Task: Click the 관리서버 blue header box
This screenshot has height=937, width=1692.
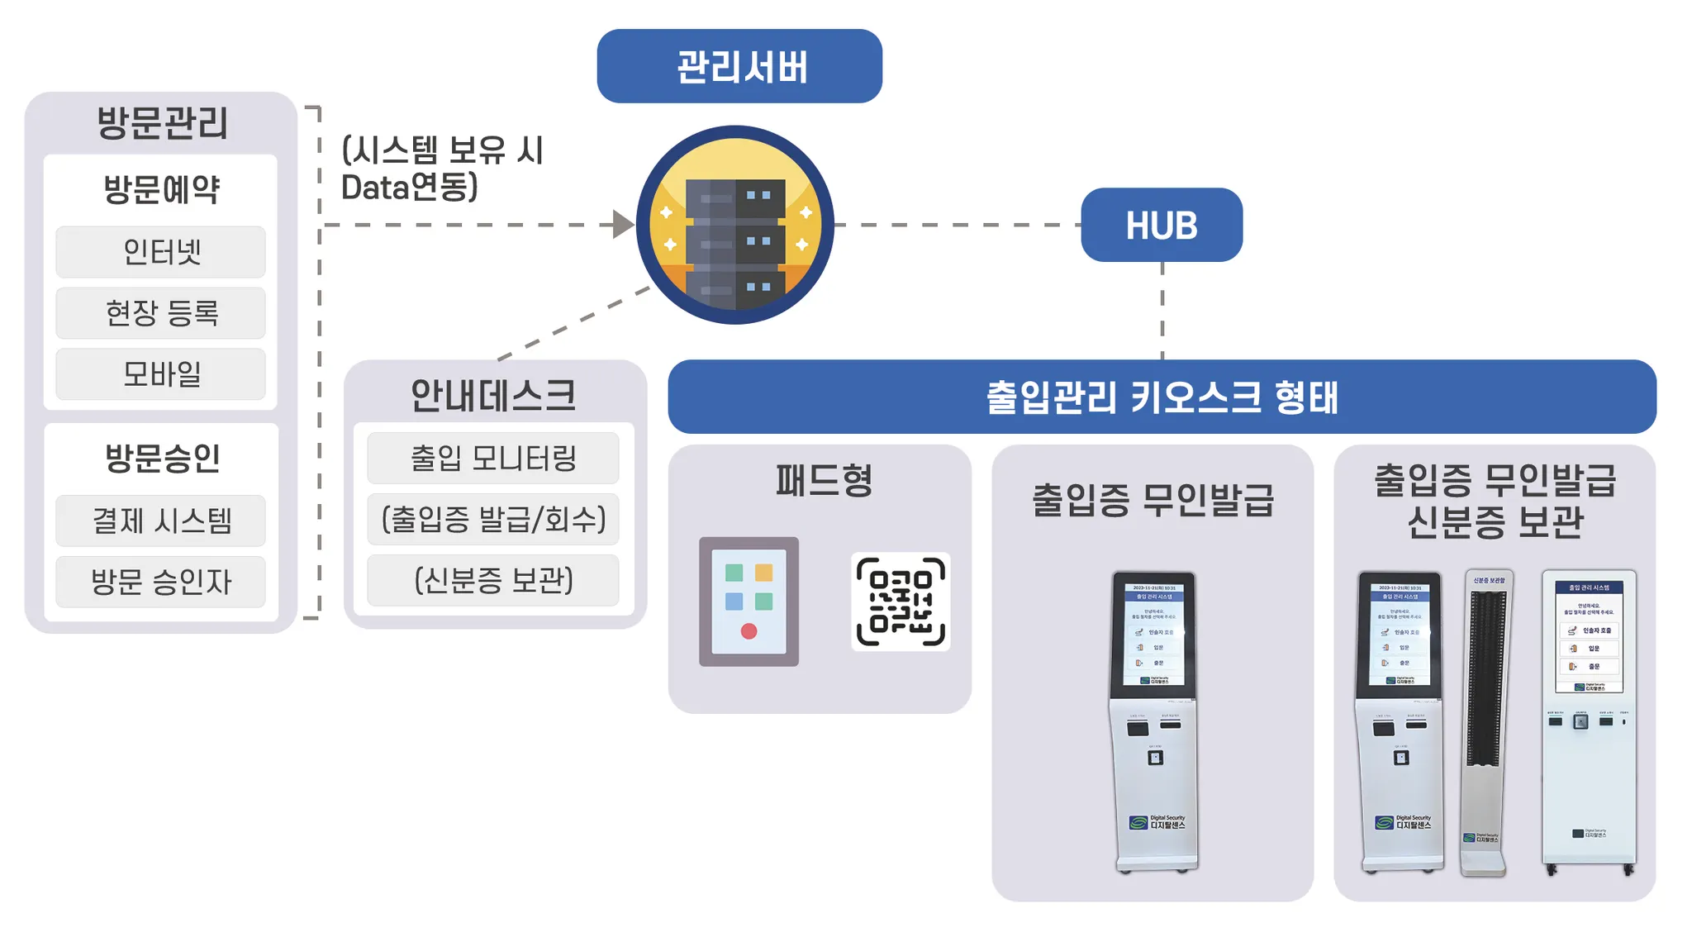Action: point(739,66)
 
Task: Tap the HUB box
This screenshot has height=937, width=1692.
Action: point(1161,225)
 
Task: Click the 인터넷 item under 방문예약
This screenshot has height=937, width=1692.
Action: point(161,252)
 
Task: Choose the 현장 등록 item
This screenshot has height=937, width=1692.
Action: point(161,313)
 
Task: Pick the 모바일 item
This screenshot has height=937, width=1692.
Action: point(161,374)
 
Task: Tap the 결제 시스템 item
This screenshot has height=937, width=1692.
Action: point(161,521)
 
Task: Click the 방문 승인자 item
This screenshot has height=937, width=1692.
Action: point(161,582)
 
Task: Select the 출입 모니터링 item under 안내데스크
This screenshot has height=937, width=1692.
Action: point(493,458)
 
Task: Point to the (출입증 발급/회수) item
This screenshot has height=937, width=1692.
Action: point(493,519)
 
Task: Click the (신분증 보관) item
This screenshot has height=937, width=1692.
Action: point(493,580)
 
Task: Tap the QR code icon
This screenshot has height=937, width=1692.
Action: point(901,602)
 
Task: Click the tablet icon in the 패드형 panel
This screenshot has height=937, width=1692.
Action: point(749,602)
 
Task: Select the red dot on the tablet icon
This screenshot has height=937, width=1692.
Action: point(749,631)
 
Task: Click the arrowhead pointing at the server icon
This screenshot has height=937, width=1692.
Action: point(623,224)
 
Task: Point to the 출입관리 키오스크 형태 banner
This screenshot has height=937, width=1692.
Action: point(1162,397)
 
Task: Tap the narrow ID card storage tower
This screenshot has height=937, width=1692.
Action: point(1486,723)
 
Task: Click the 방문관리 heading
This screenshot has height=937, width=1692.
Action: point(162,123)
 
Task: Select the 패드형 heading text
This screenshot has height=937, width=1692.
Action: point(824,480)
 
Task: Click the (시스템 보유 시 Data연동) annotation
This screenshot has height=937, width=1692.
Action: point(442,169)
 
